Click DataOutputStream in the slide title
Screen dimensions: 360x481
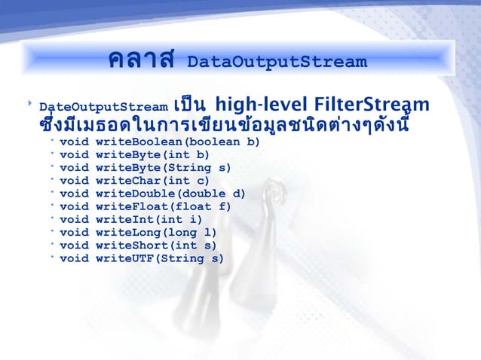coord(276,61)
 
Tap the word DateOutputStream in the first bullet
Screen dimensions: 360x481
coord(103,106)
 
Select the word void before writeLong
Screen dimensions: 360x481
coord(74,233)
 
